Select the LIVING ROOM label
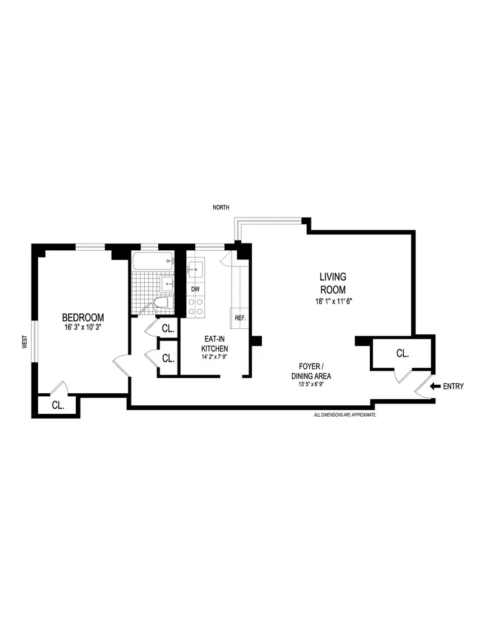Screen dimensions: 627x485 (x=333, y=283)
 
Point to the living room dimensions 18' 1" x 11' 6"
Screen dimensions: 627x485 (x=333, y=300)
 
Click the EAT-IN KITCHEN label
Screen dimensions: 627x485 (x=215, y=343)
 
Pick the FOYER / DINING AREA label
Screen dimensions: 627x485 (x=315, y=371)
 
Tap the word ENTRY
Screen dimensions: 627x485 (x=453, y=386)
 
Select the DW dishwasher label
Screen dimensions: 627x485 (x=195, y=290)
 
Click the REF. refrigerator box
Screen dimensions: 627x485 (x=239, y=317)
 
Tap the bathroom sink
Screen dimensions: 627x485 (x=167, y=282)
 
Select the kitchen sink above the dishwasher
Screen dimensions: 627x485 (x=196, y=268)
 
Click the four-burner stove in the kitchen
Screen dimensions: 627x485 (x=196, y=306)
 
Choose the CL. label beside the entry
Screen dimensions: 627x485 (x=402, y=353)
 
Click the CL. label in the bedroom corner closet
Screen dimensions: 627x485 (x=58, y=405)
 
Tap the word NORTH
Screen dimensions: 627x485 (x=221, y=208)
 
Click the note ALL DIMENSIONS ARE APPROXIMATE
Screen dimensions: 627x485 (x=345, y=415)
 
